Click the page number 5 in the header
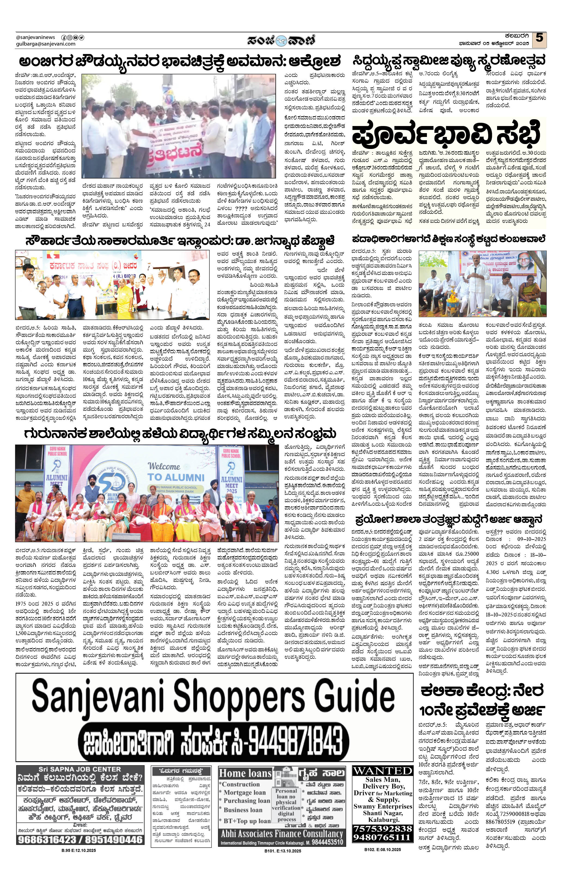point(539,38)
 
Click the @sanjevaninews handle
point(36,37)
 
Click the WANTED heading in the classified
point(383,770)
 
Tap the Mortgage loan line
point(244,792)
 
